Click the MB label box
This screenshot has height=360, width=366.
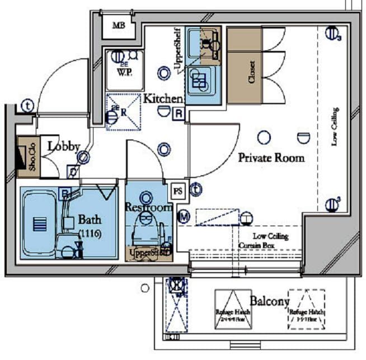[x=118, y=25]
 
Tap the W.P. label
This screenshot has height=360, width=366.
[x=124, y=72]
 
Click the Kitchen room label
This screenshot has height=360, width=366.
[x=163, y=99]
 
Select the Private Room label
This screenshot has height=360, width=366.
[x=271, y=157]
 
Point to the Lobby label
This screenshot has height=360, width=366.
[x=63, y=146]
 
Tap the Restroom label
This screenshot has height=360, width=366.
[x=147, y=207]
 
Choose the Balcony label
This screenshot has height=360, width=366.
[x=270, y=301]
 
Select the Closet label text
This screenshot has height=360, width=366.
[x=251, y=72]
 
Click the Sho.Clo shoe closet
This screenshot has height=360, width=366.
[x=28, y=157]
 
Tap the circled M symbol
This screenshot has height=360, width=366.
[x=184, y=216]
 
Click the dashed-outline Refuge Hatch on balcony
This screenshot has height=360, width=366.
[x=306, y=309]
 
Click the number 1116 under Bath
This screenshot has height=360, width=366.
[x=90, y=233]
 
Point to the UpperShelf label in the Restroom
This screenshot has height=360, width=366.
[x=148, y=253]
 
